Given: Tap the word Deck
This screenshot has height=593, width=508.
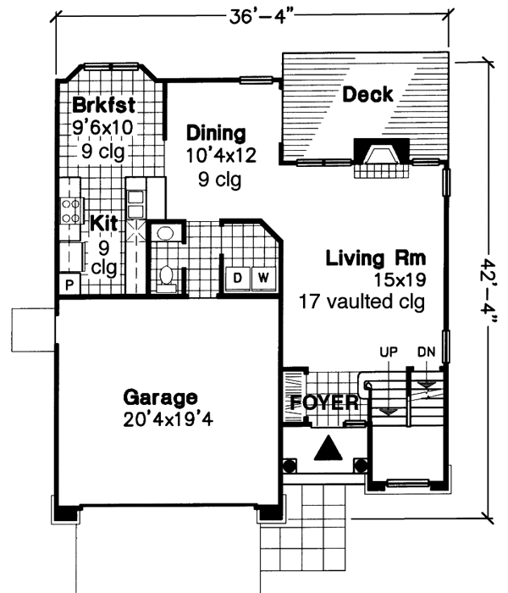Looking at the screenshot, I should click(367, 94).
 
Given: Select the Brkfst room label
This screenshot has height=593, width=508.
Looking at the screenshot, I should click(103, 107).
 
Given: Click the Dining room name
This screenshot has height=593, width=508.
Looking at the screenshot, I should click(216, 133).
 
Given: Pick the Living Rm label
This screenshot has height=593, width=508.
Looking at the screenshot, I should click(375, 258).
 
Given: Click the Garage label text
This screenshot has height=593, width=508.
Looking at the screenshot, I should click(160, 396).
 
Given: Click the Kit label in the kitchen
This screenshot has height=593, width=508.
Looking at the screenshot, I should click(103, 224).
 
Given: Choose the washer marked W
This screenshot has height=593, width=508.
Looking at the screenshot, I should click(262, 277).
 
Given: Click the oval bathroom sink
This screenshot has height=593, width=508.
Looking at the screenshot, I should click(166, 234).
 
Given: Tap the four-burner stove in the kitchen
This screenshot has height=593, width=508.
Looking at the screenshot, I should click(69, 210).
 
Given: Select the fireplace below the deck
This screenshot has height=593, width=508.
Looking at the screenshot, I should click(379, 156).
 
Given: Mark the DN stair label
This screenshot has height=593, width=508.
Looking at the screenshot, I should click(425, 350).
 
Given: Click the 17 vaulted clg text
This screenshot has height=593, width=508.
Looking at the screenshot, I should click(361, 301).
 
